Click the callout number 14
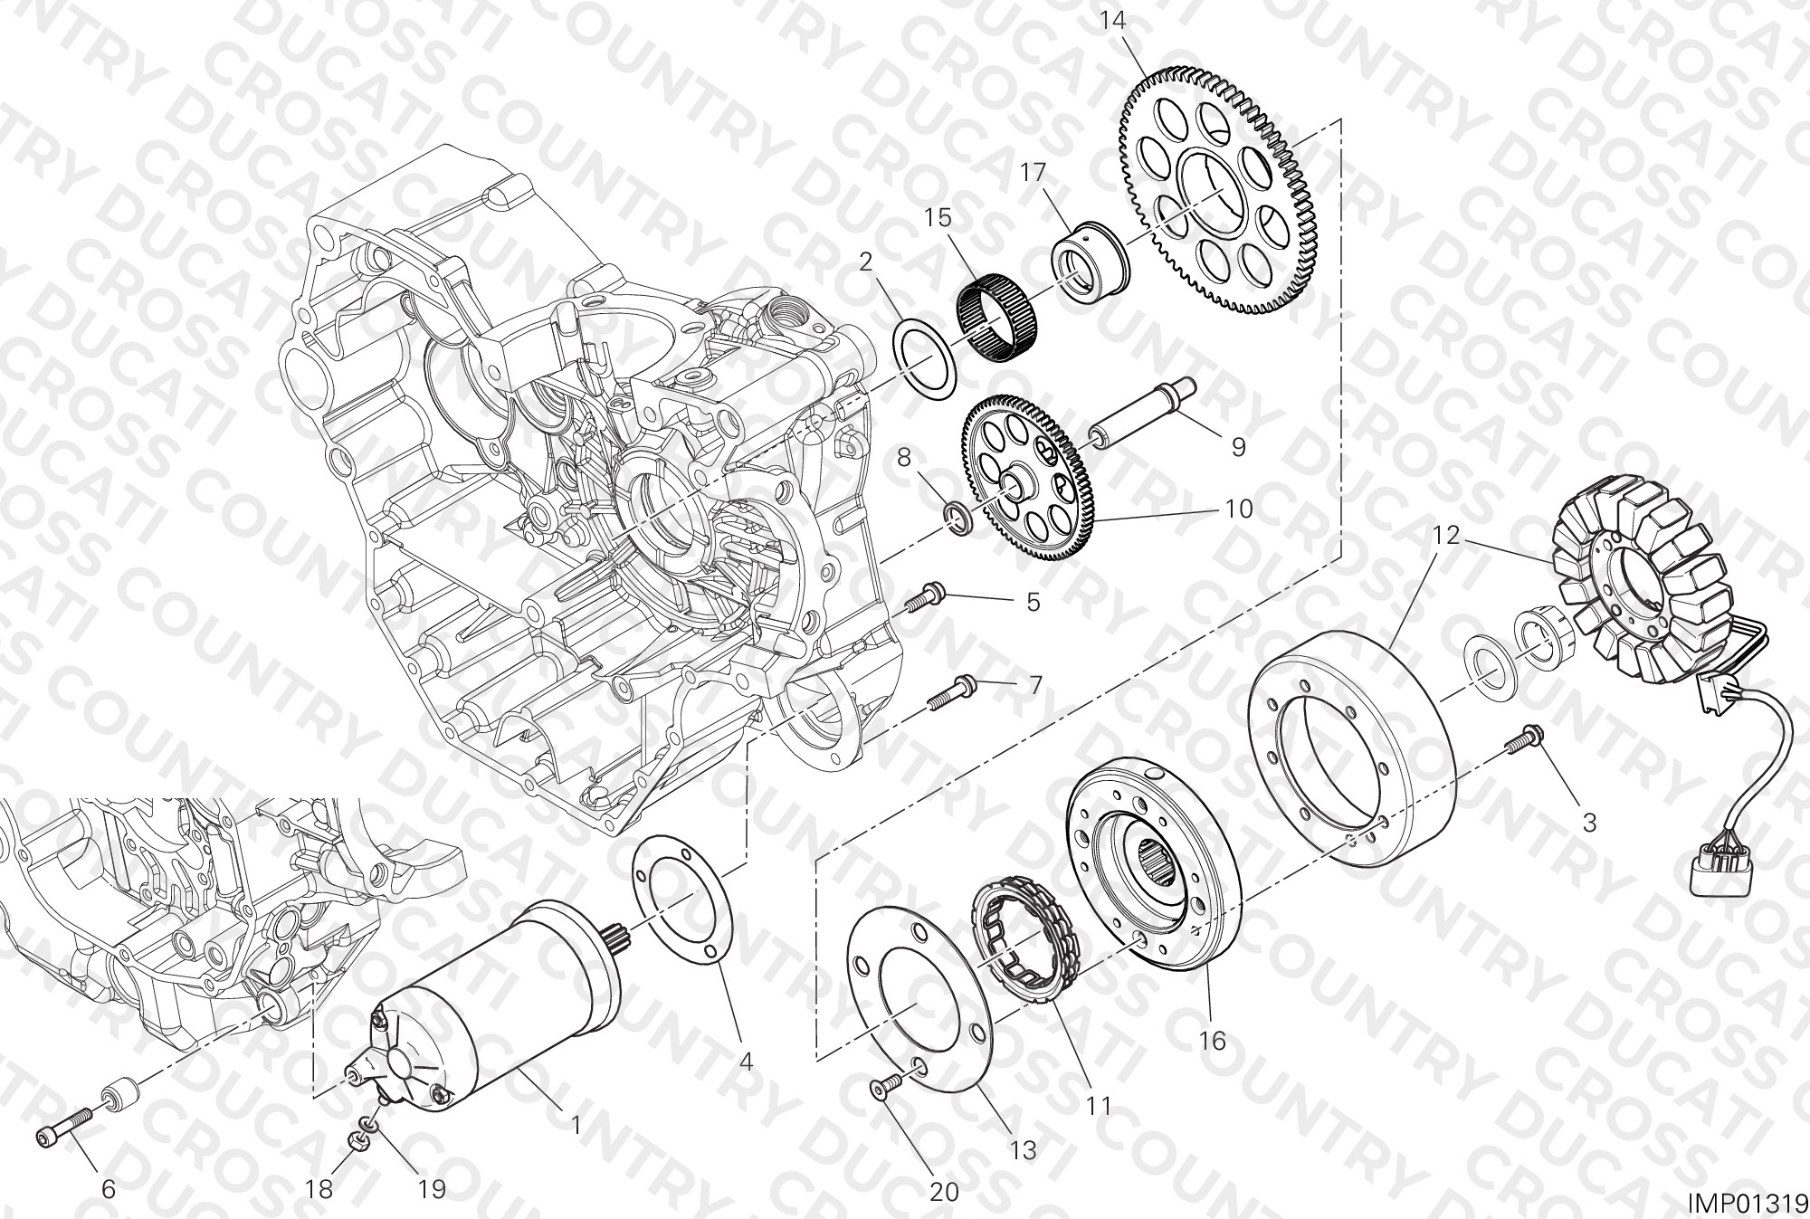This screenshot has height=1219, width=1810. tap(1114, 20)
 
